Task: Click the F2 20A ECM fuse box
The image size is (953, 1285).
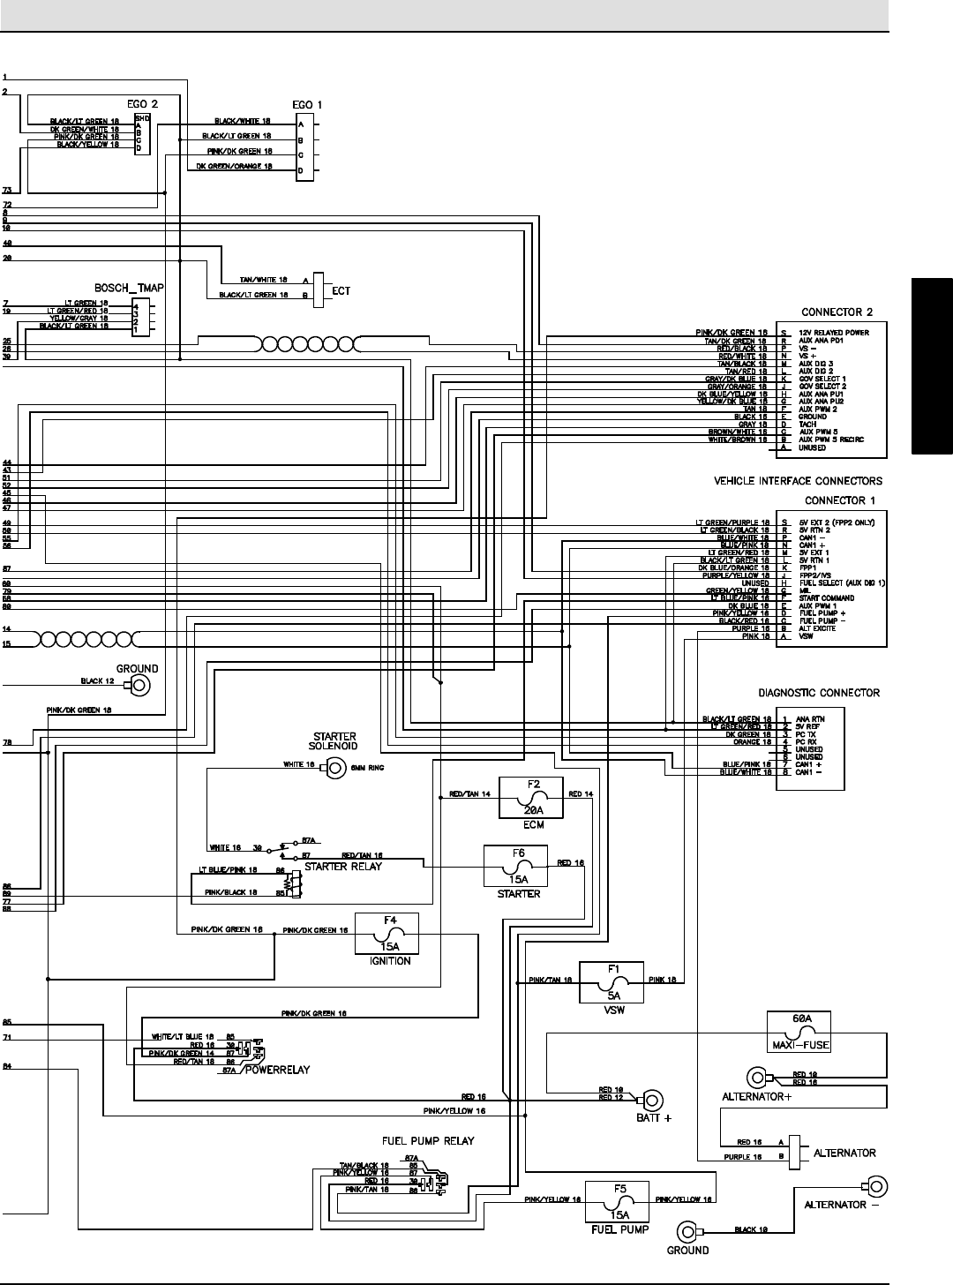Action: click(x=533, y=798)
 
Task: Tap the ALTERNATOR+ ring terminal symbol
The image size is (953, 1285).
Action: click(x=757, y=1078)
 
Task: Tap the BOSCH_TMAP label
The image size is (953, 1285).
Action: click(x=129, y=288)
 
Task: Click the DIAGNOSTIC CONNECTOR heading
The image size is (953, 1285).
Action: click(x=820, y=693)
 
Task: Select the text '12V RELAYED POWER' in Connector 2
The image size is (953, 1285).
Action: click(x=833, y=333)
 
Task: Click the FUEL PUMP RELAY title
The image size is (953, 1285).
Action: click(x=428, y=1140)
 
